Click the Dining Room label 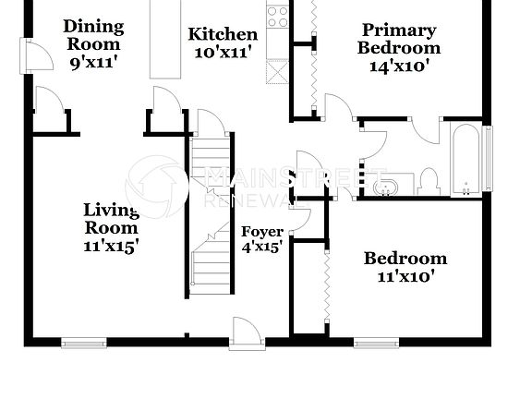point(91,34)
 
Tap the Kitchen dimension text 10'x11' point(223,53)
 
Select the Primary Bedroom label point(399,39)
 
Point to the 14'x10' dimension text point(399,66)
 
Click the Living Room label point(111,219)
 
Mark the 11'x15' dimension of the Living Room point(111,246)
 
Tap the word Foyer point(261,231)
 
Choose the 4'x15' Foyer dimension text point(261,247)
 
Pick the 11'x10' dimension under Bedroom point(405,275)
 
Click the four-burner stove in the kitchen point(277,15)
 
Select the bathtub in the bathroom point(467,159)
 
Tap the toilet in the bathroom point(429,181)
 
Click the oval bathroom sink point(387,187)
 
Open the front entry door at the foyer point(248,334)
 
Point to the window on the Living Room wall point(84,343)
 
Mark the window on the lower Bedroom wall point(376,343)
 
